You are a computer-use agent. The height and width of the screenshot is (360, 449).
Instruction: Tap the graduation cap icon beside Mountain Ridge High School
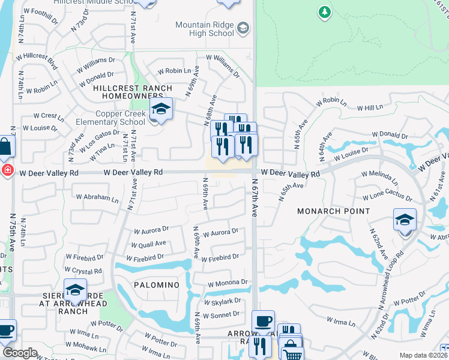[243, 28]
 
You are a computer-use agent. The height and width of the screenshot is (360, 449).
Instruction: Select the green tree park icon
[324, 12]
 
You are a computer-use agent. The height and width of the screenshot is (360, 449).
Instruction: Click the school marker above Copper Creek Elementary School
[161, 110]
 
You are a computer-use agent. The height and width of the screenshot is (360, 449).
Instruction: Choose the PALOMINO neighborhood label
[157, 284]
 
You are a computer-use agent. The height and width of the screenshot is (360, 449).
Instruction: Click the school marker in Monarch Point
[405, 220]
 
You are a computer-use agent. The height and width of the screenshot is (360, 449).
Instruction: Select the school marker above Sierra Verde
[76, 290]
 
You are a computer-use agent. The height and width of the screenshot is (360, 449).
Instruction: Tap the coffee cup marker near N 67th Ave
[263, 321]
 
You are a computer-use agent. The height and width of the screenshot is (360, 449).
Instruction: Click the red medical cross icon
[6, 170]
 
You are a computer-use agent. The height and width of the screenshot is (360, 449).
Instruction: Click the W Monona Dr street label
[228, 283]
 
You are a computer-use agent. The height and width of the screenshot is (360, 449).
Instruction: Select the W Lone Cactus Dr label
[387, 197]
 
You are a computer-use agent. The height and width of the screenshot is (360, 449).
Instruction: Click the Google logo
[20, 352]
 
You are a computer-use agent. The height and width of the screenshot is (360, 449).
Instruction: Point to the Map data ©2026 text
[423, 355]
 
